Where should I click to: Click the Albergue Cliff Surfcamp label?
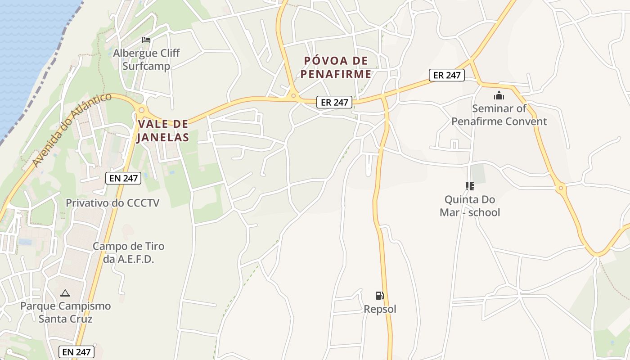(x=146, y=60)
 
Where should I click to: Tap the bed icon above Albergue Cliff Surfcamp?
(x=146, y=40)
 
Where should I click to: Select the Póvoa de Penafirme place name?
(x=336, y=67)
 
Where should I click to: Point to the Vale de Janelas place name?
(x=163, y=130)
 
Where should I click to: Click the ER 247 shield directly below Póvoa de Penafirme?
(x=333, y=102)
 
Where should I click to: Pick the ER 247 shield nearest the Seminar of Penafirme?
(x=447, y=75)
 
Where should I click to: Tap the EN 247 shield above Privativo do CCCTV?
(x=124, y=178)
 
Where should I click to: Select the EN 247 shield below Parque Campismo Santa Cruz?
(x=76, y=352)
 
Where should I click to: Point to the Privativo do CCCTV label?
(x=112, y=203)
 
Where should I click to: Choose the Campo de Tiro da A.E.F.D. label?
(x=128, y=252)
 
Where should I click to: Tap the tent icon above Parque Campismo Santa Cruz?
(x=65, y=293)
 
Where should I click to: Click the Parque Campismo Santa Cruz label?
(x=65, y=312)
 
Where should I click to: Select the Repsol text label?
(x=380, y=309)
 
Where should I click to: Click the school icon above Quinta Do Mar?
(x=470, y=186)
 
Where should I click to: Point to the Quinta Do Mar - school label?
(x=470, y=206)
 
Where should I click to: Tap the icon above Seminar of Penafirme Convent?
(x=499, y=95)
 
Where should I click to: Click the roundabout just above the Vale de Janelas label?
(x=142, y=109)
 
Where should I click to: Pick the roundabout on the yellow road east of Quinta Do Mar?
(x=560, y=188)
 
